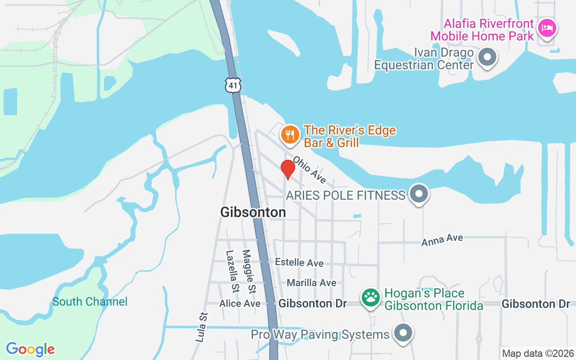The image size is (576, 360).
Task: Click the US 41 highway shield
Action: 234,85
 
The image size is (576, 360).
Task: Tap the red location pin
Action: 288,169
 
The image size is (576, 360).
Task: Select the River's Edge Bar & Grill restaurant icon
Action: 291,135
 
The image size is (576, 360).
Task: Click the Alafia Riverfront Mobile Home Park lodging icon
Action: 547,29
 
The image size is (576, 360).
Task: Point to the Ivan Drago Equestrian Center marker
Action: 486,58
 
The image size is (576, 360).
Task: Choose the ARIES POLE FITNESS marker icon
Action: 419,194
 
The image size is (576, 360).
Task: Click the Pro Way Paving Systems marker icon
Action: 403,333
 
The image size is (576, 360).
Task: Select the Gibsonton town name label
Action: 253,212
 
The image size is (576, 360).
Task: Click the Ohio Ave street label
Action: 310,170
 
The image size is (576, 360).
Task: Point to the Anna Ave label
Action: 442,240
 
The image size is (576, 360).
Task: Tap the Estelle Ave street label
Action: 299,262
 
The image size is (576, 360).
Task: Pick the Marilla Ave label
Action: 311,283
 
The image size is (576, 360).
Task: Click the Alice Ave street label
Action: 240,304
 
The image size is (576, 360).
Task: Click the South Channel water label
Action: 90,301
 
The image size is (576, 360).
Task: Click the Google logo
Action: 30,349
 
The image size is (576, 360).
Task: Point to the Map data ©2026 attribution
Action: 538,354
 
